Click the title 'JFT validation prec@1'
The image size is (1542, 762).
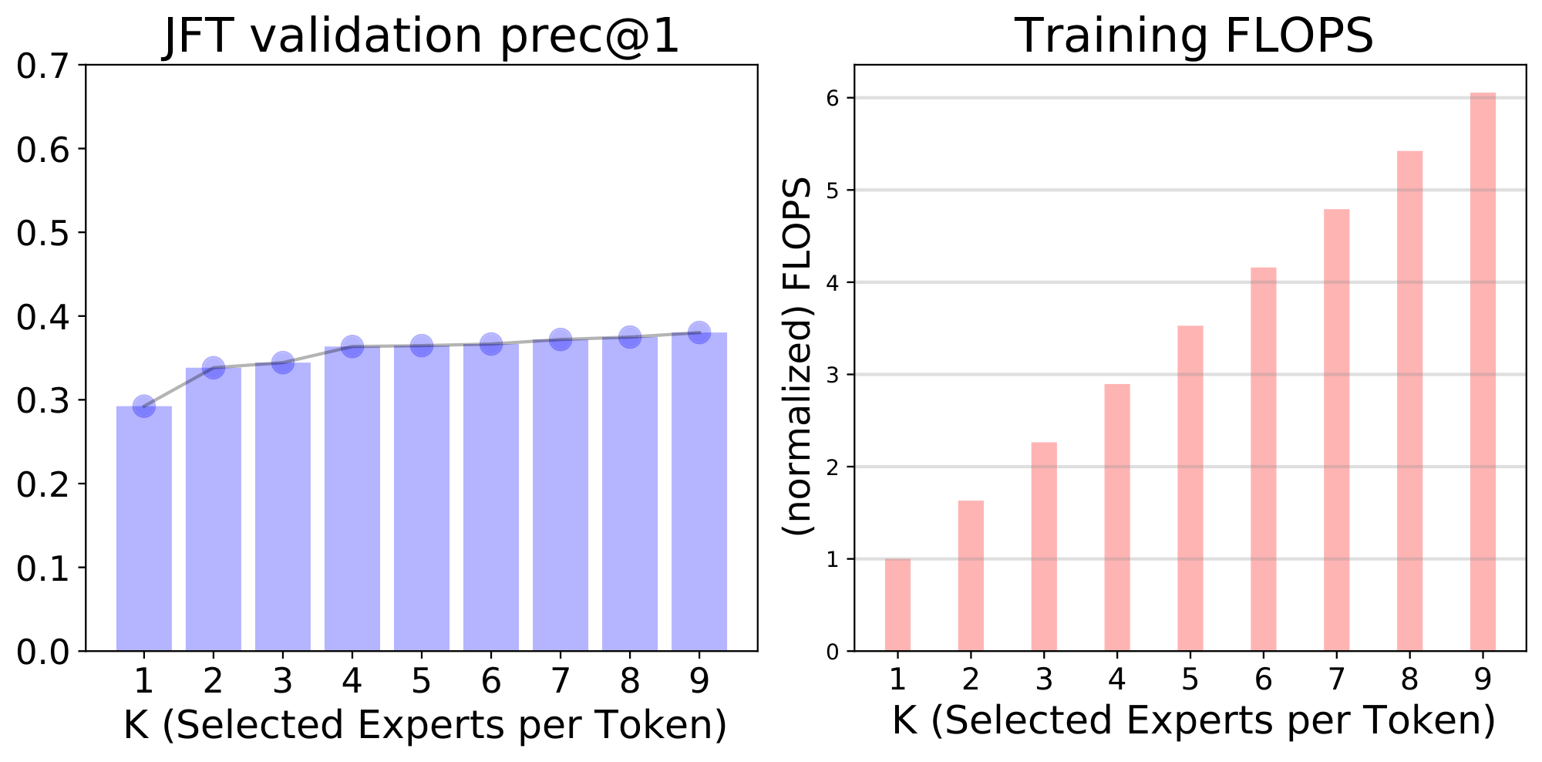[422, 36]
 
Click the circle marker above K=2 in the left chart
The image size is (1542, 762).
[214, 368]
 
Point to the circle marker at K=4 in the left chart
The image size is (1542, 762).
[352, 347]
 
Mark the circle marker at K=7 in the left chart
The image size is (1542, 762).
[561, 339]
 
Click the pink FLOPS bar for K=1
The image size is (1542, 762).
[897, 605]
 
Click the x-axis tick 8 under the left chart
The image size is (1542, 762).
[630, 681]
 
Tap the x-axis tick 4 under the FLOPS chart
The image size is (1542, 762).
[1117, 679]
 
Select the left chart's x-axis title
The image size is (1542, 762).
[425, 725]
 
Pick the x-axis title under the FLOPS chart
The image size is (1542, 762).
[1194, 721]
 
